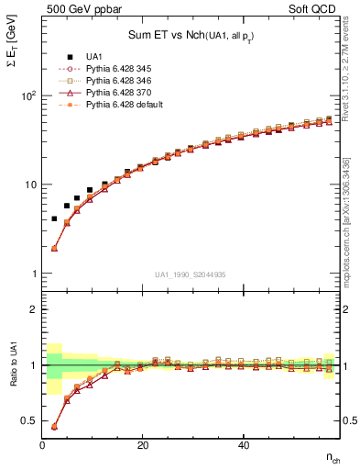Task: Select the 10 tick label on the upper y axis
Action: tap(29, 185)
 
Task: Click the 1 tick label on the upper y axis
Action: tap(33, 274)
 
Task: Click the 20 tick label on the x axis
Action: tap(142, 445)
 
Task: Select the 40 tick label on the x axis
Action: tap(243, 445)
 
